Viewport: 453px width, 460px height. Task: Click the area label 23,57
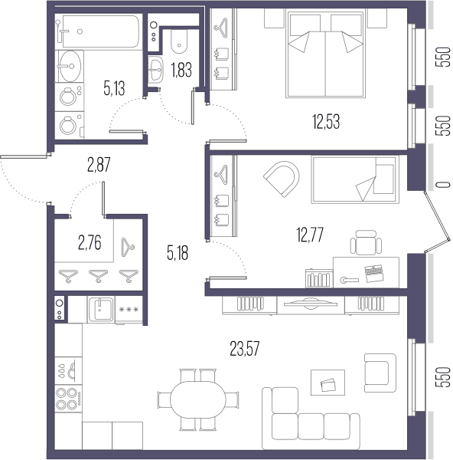click(245, 349)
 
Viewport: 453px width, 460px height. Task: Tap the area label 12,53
click(326, 122)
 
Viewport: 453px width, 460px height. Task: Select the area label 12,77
click(310, 235)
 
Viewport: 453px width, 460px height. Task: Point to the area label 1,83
click(181, 71)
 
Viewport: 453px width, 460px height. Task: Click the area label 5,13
click(114, 88)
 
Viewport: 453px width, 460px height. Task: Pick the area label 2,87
click(99, 165)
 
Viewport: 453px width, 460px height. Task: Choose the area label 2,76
click(90, 243)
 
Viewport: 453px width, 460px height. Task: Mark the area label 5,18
click(178, 253)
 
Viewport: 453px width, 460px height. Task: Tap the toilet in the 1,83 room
click(179, 41)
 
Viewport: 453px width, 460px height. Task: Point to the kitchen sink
click(101, 309)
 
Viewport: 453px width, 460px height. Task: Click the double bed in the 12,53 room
click(326, 54)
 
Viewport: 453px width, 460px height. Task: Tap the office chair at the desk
click(366, 242)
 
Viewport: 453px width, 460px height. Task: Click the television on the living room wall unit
click(311, 304)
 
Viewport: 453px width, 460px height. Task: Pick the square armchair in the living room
click(380, 373)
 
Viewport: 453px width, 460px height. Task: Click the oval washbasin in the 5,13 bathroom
click(70, 66)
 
